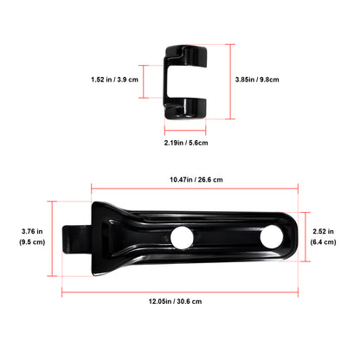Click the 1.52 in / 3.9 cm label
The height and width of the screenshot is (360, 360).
(x=117, y=80)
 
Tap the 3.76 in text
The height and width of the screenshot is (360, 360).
(x=33, y=230)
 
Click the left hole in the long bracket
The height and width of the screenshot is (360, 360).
(x=182, y=236)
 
